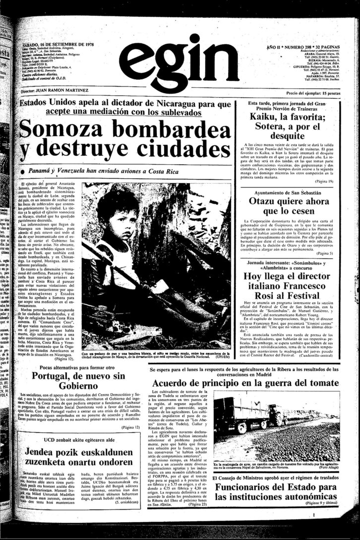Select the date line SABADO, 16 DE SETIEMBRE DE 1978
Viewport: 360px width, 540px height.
point(55,44)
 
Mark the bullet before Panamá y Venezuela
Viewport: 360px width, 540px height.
point(23,171)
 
